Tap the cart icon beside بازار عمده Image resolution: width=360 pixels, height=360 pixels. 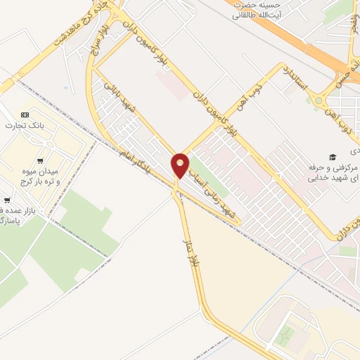coord(7,200)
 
